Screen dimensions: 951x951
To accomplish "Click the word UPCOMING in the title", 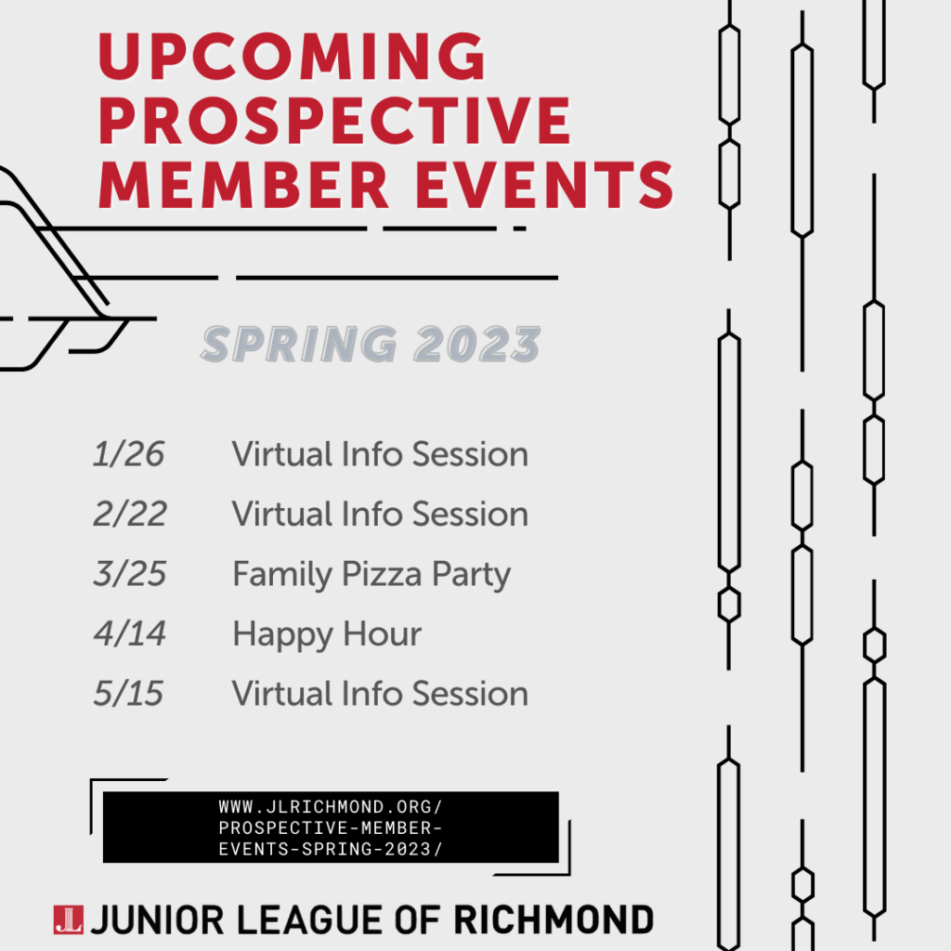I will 292,58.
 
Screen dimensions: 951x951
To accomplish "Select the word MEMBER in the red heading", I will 244,183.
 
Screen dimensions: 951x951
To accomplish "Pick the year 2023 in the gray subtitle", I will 477,345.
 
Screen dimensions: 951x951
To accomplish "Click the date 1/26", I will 128,454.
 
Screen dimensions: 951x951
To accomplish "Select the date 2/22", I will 129,514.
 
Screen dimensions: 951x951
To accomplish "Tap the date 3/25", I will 129,574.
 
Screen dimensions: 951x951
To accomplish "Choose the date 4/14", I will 129,634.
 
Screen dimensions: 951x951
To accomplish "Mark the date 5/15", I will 128,694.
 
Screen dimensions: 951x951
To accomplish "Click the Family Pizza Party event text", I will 371,575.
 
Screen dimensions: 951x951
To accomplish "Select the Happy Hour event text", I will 327,634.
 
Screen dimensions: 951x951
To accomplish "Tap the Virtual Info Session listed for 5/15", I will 380,694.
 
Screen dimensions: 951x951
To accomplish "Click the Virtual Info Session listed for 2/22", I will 380,514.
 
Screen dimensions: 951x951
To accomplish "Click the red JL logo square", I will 69,918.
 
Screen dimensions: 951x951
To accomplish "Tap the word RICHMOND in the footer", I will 554,919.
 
